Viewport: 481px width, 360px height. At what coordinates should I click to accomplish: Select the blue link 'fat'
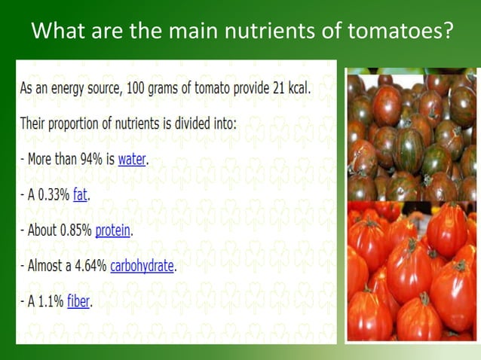pyautogui.click(x=80, y=194)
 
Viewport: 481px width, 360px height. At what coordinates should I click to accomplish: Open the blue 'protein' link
pyautogui.click(x=113, y=230)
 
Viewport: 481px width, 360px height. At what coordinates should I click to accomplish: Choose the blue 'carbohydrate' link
pyautogui.click(x=142, y=266)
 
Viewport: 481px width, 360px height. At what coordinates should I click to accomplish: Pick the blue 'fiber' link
pyautogui.click(x=78, y=301)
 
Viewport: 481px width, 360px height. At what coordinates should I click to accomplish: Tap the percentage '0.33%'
pyautogui.click(x=52, y=194)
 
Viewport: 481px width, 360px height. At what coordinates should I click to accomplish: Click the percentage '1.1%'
pyautogui.click(x=51, y=301)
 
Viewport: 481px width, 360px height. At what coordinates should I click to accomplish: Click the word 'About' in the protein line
pyautogui.click(x=40, y=230)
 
